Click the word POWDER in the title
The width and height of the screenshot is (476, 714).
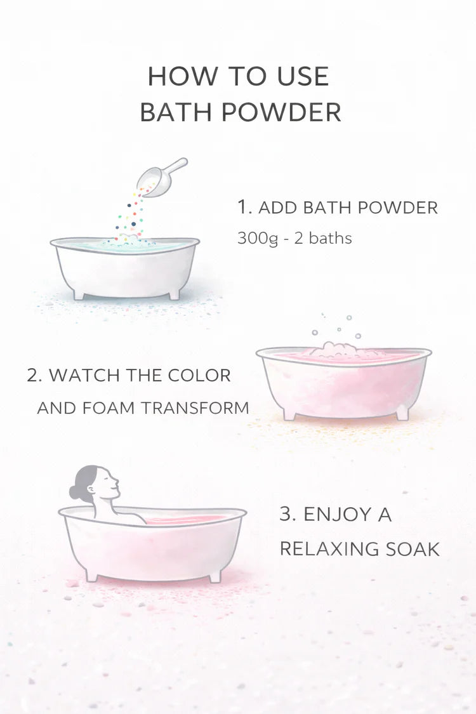point(282,112)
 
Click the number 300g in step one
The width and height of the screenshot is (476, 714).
point(258,239)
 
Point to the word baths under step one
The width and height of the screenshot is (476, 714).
point(330,238)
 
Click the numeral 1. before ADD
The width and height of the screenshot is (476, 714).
point(244,207)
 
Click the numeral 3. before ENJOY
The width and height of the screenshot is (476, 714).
point(288,514)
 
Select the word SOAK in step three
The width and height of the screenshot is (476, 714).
point(413,549)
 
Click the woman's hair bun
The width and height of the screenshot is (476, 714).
point(75,493)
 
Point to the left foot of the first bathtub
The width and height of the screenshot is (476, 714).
point(79,294)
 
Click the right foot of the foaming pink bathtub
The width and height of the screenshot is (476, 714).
point(402,414)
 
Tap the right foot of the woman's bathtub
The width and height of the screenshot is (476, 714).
point(215,576)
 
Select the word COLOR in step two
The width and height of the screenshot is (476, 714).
point(199,375)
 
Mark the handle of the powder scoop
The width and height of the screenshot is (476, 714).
point(175,166)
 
